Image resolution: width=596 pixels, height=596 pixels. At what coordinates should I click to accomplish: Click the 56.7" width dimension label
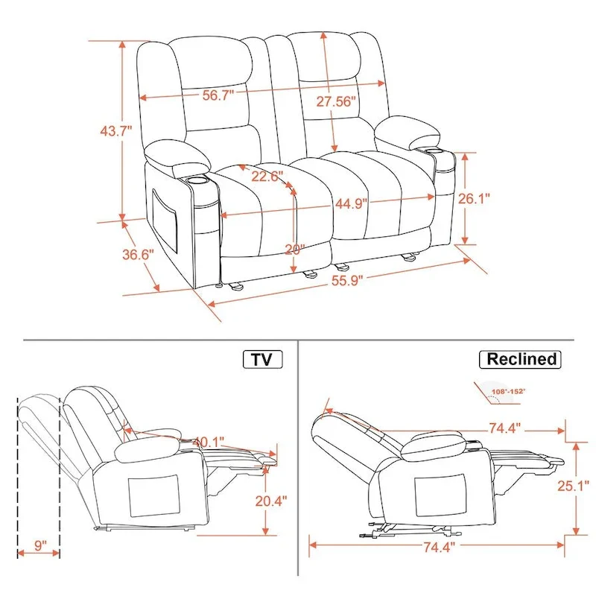[x=218, y=95]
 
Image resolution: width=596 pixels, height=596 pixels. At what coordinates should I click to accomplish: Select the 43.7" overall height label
[x=115, y=130]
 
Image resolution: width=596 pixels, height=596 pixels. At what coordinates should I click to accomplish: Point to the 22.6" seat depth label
[x=267, y=176]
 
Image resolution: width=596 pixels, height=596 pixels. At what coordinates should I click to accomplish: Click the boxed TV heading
[x=261, y=360]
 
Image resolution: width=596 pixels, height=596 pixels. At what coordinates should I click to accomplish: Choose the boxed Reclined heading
[x=521, y=359]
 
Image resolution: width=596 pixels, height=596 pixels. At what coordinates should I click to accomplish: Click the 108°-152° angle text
[x=508, y=390]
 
